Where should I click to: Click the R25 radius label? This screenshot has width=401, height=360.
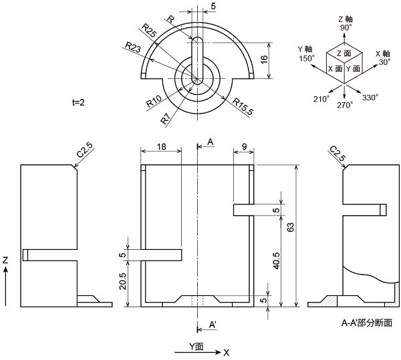149,30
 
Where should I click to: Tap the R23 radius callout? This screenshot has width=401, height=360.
132,47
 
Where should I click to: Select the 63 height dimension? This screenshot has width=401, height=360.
289,228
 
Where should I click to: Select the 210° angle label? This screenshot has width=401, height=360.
321,99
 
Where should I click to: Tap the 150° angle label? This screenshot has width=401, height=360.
305,59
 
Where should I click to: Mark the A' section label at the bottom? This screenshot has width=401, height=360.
213,324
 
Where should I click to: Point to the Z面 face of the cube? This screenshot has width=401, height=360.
343,52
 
